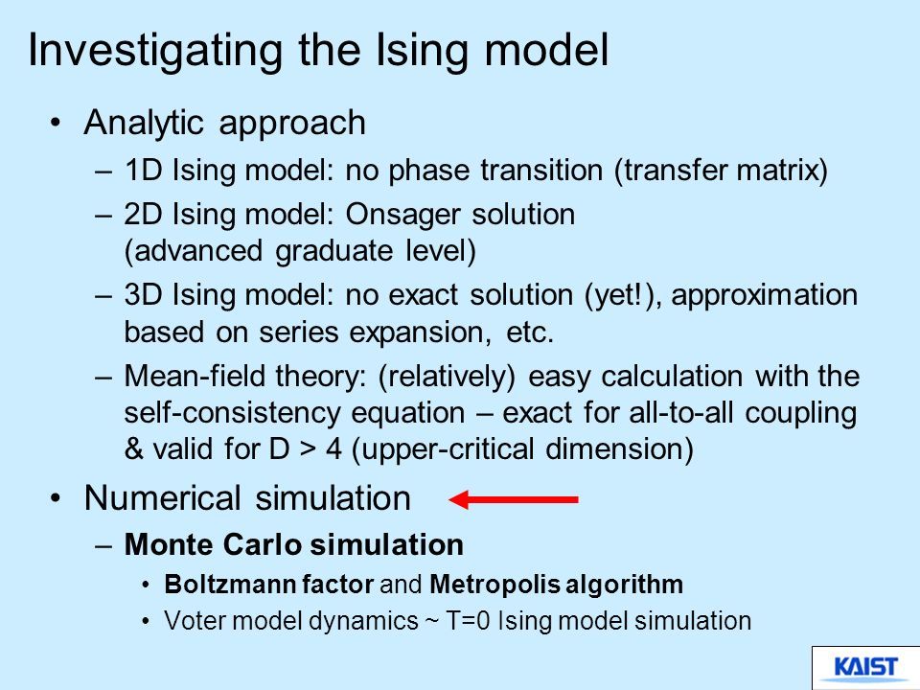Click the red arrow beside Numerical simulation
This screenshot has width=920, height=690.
click(514, 499)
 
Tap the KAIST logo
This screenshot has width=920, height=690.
click(865, 668)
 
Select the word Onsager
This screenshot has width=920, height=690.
click(402, 216)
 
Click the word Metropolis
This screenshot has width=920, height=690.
click(493, 585)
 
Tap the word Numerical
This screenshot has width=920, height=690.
click(163, 498)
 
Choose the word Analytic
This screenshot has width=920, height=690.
click(144, 124)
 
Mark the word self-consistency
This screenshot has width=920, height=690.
click(232, 413)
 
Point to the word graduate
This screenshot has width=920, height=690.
click(333, 252)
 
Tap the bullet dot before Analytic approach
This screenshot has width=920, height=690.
click(56, 124)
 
